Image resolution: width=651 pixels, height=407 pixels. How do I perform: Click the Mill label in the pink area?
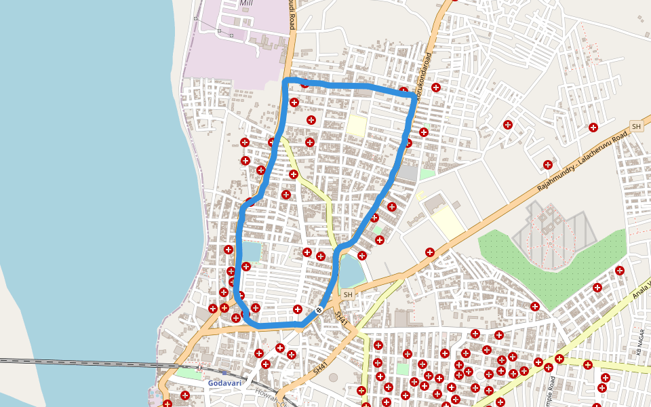point(246,3)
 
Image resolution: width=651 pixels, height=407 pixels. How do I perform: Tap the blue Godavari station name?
point(224,383)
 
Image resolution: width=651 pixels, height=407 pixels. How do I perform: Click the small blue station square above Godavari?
point(224,373)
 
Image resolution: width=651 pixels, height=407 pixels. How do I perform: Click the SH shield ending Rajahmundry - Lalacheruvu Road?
point(636,126)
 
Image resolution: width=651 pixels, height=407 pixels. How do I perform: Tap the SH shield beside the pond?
point(348,294)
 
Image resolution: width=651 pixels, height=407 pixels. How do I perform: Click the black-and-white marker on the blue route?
point(319,310)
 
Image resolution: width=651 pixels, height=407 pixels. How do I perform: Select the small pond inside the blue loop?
point(250,252)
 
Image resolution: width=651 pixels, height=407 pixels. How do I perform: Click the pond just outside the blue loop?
point(351,272)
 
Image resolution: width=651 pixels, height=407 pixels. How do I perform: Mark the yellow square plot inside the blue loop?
point(356,125)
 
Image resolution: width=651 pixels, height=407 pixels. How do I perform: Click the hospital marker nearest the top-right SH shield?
point(593,127)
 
